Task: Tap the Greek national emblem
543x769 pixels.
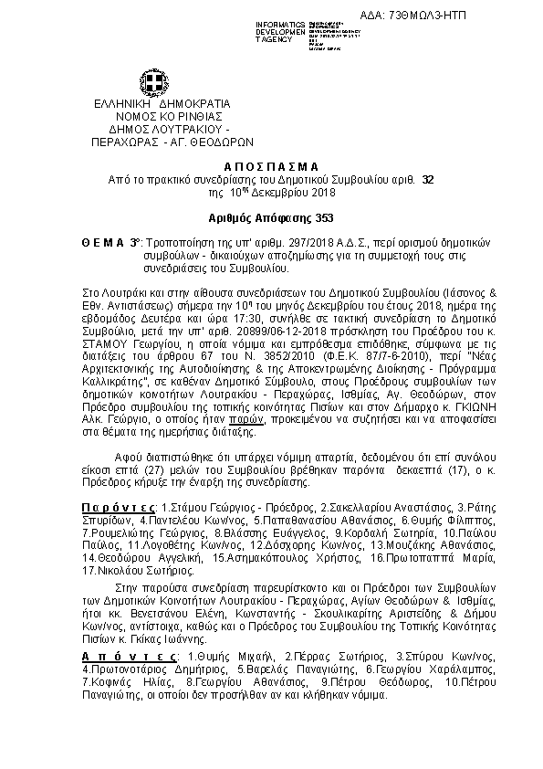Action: [x=149, y=80]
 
